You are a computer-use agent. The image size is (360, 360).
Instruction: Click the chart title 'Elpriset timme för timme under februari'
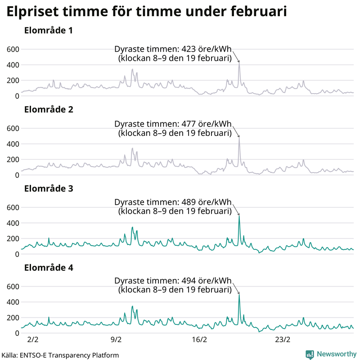point(147,12)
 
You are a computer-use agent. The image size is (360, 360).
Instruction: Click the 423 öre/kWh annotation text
point(173,54)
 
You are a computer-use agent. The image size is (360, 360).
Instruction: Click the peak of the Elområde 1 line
point(239,63)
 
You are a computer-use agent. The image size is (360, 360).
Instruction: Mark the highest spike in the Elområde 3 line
point(239,216)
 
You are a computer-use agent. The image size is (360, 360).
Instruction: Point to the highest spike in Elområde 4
point(239,295)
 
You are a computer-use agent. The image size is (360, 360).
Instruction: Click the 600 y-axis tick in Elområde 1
point(13,49)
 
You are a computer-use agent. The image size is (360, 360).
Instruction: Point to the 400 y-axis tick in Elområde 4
point(13,302)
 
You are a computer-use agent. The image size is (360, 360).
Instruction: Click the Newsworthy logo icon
point(310,354)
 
